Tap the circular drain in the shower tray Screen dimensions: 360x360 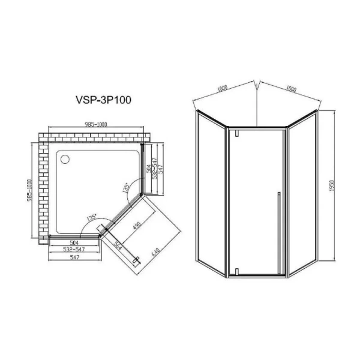click(65, 160)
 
